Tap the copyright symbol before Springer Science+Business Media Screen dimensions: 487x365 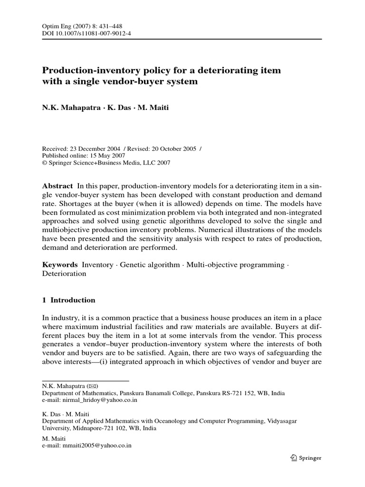(46, 162)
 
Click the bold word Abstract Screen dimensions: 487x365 (58, 186)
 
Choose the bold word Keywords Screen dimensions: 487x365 (60, 264)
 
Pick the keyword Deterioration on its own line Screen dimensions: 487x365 (64, 273)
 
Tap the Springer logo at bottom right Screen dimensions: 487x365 (306, 458)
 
